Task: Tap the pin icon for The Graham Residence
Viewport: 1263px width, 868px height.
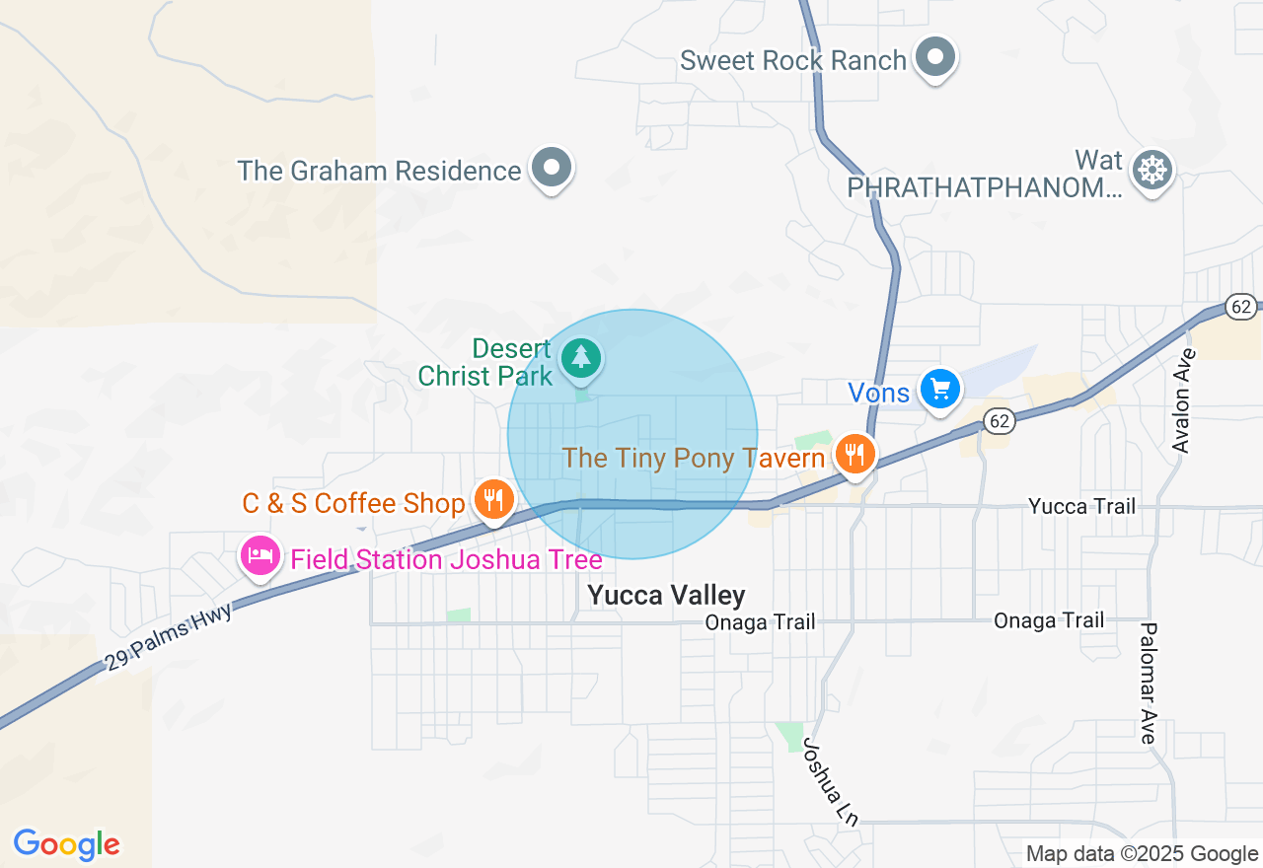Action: pyautogui.click(x=552, y=169)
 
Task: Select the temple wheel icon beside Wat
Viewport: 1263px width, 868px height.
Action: pyautogui.click(x=1152, y=170)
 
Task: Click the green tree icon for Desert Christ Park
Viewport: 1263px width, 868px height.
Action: pyautogui.click(x=581, y=358)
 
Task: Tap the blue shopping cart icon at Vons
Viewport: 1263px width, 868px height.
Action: pyautogui.click(x=939, y=390)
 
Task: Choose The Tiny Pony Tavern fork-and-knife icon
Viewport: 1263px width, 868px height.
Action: pyautogui.click(x=854, y=455)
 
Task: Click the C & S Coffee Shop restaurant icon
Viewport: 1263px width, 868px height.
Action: pyautogui.click(x=492, y=501)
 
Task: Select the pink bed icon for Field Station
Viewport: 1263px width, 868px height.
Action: pyautogui.click(x=260, y=556)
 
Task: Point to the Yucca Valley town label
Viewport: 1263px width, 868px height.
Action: pyautogui.click(x=666, y=595)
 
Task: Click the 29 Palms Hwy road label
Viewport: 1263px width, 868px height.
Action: pyautogui.click(x=169, y=638)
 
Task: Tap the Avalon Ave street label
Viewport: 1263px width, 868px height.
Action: pyautogui.click(x=1182, y=400)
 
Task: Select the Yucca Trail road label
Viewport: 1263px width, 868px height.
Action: pyautogui.click(x=1081, y=506)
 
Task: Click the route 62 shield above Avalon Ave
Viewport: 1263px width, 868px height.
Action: pyautogui.click(x=1241, y=307)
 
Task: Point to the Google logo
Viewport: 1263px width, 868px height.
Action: pyautogui.click(x=67, y=844)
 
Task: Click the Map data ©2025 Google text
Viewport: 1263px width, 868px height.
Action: pyautogui.click(x=1142, y=853)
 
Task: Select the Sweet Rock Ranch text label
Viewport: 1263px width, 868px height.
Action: pyautogui.click(x=792, y=60)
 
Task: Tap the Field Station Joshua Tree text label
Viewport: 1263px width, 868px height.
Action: pyautogui.click(x=446, y=560)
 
